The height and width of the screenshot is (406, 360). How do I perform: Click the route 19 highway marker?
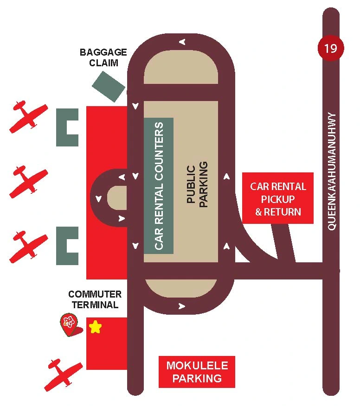[x=331, y=48]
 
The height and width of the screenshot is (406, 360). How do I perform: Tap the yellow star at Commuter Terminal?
[x=95, y=327]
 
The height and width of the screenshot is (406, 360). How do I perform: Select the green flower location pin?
[x=69, y=323]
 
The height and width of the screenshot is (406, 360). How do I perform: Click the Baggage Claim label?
[x=103, y=57]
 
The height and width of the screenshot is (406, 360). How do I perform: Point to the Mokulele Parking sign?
[x=197, y=372]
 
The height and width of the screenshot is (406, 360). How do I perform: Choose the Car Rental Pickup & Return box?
[x=278, y=198]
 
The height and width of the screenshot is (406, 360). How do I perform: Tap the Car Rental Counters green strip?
[x=159, y=185]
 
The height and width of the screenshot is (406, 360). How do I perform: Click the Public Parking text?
[x=198, y=184]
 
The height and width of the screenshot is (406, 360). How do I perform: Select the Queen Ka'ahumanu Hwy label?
[x=332, y=171]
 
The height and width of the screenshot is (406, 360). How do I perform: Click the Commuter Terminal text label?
[x=95, y=299]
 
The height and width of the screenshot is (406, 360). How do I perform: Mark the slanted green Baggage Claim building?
[x=109, y=86]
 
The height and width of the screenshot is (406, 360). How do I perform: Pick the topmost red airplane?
[x=28, y=116]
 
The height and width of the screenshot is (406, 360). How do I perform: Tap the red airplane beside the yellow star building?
[x=63, y=374]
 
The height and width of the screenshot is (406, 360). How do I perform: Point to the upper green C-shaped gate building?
[x=65, y=127]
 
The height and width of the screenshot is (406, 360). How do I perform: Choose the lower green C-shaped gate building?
[x=65, y=245]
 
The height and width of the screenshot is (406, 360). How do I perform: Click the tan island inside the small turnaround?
[x=117, y=198]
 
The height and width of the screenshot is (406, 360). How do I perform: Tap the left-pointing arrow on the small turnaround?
[x=122, y=177]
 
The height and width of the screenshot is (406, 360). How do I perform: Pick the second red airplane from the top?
[x=29, y=181]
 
